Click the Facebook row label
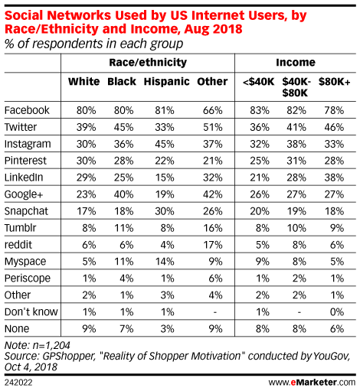click(x=27, y=110)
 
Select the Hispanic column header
click(x=166, y=82)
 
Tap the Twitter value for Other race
click(x=213, y=127)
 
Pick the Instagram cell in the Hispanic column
click(x=165, y=144)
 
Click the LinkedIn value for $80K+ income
click(x=334, y=178)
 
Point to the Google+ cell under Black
click(x=123, y=194)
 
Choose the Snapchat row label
click(x=26, y=211)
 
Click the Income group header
click(x=296, y=63)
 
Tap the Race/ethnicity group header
click(x=148, y=63)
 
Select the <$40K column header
click(x=258, y=82)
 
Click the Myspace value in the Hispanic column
click(x=165, y=262)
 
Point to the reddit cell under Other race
click(x=213, y=245)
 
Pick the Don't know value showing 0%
click(x=337, y=312)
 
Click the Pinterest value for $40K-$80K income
click(x=296, y=161)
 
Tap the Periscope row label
click(x=28, y=279)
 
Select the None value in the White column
click(x=89, y=329)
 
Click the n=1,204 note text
click(x=51, y=345)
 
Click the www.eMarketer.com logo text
click(x=312, y=383)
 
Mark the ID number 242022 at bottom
click(x=18, y=383)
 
